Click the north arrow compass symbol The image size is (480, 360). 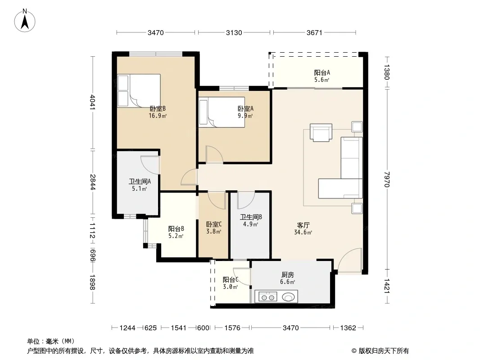coord(25,21)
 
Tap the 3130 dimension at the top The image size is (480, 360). coord(234,33)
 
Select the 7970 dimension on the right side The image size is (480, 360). coord(387,179)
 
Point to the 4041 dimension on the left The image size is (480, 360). coord(93,103)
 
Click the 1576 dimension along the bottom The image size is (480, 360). coord(232,328)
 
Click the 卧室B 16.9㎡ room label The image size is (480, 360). coord(158,112)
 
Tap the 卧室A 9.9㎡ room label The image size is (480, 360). coord(245,112)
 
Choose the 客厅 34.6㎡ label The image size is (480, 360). coord(303,229)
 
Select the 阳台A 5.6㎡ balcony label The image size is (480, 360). coord(322,76)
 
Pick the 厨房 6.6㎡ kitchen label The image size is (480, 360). coord(287,278)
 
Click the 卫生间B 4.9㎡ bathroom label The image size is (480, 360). coord(251,220)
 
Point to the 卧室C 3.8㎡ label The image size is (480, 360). coord(214,228)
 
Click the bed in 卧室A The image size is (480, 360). coord(222,112)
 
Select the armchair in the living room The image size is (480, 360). coord(321,132)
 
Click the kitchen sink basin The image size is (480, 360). coord(288,297)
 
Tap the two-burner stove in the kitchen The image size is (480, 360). coord(268,297)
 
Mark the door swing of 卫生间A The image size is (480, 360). coord(150,165)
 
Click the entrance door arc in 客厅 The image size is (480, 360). coord(349,260)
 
